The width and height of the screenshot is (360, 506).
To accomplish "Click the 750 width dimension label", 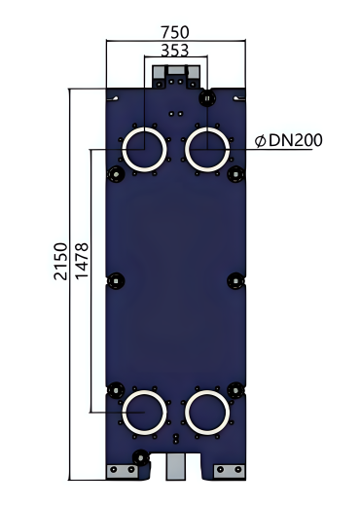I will (x=175, y=32).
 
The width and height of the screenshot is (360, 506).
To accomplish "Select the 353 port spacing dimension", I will (x=175, y=49).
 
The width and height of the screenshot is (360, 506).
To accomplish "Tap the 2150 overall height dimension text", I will (x=60, y=261).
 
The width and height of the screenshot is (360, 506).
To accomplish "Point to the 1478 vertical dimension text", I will (x=84, y=261).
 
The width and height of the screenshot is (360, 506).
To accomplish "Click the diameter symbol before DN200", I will (x=260, y=141).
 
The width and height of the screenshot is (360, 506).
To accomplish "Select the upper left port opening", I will (x=144, y=153).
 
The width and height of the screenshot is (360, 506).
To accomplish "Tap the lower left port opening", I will (x=144, y=413).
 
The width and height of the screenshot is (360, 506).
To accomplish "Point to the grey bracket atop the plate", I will (x=175, y=74).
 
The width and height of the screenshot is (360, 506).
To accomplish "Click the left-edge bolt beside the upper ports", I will (x=116, y=175).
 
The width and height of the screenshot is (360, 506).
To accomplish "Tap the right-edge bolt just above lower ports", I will (x=235, y=387).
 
